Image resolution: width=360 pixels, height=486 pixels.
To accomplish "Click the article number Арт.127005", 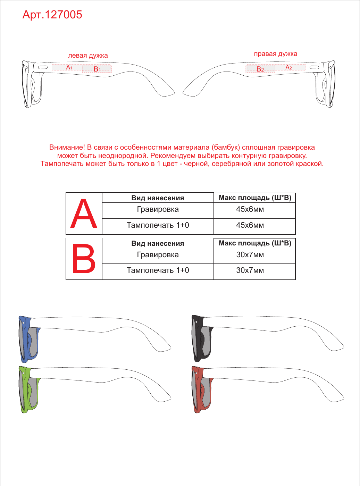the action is (x=52, y=15).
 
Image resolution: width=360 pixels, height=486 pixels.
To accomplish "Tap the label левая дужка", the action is (x=88, y=56).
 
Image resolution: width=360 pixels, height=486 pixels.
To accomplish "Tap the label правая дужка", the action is (x=275, y=54).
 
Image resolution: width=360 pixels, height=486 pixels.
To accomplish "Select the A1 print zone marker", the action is (x=69, y=67).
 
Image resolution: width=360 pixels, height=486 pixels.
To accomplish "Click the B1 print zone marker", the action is (x=97, y=69).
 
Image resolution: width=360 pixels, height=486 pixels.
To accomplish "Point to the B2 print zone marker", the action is (x=260, y=69).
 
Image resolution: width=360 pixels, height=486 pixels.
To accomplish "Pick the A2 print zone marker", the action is (x=288, y=67).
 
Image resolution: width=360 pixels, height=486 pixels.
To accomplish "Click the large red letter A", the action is (x=83, y=213).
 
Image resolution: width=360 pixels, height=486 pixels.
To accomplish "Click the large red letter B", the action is (x=84, y=259).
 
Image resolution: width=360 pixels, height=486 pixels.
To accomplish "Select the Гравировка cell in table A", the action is (x=158, y=209).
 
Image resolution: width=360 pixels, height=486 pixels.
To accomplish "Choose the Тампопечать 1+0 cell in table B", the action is (x=158, y=270).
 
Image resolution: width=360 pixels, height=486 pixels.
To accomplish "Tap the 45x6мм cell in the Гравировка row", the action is (x=250, y=209).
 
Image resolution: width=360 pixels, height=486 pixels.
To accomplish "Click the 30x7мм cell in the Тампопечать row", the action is (x=250, y=270).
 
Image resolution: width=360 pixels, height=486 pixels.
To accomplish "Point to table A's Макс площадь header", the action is (x=255, y=198).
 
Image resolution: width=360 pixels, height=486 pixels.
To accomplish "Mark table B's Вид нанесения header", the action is (x=158, y=243).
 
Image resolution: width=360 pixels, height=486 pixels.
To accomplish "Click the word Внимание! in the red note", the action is (x=67, y=147).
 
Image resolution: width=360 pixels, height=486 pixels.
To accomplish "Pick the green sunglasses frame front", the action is (x=29, y=389).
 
